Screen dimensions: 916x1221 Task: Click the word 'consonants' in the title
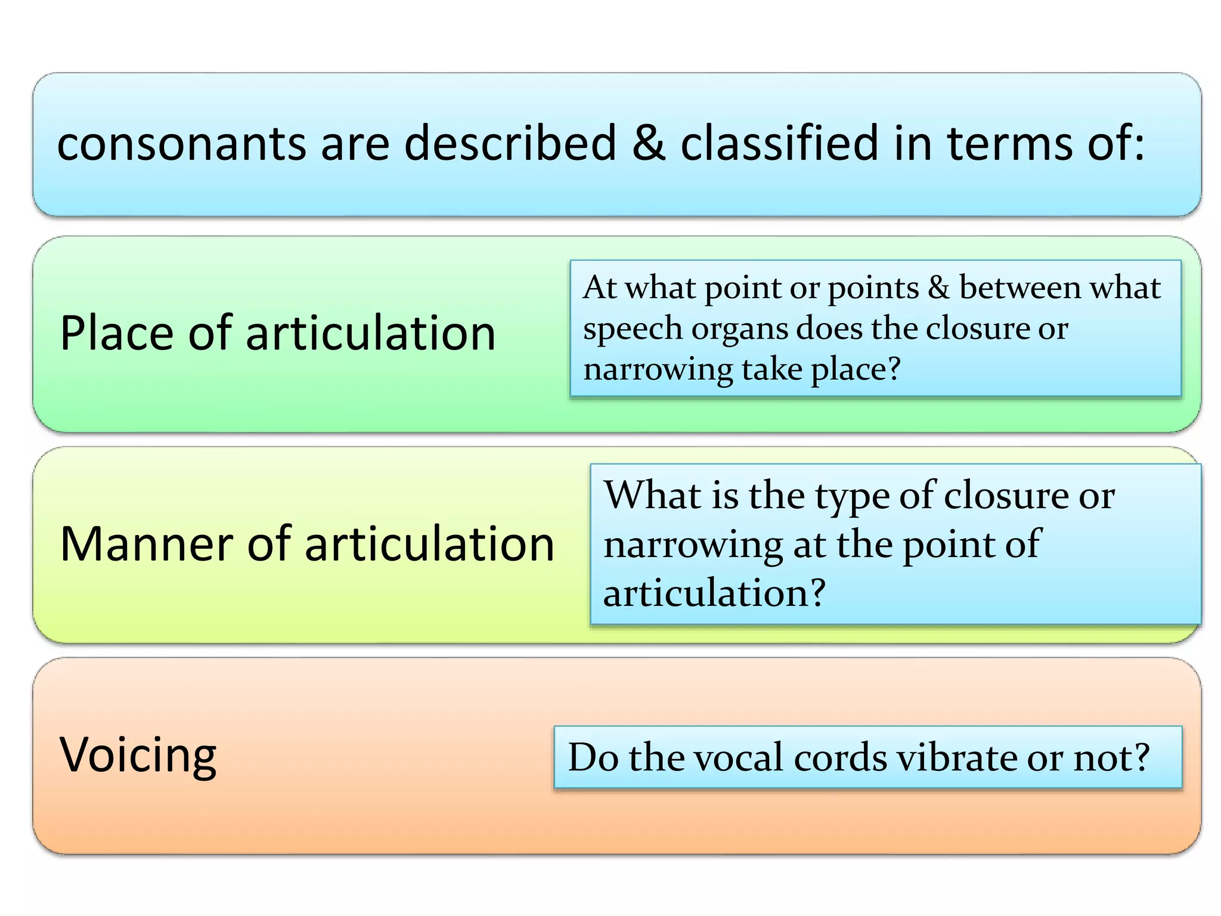181,144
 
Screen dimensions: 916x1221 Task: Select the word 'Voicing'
138,756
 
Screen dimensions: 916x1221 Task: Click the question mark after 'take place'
893,369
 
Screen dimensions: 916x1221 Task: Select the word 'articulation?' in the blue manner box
714,593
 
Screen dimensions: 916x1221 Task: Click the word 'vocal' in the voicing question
735,757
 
